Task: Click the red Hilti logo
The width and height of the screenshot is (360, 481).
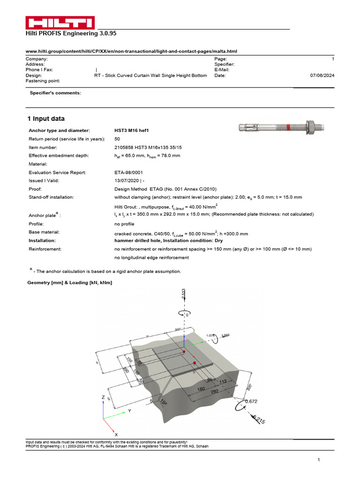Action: click(60, 23)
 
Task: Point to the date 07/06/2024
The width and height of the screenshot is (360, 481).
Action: click(322, 75)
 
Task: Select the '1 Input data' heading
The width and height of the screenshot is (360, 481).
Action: click(46, 119)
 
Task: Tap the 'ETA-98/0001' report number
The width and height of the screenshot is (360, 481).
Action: click(129, 172)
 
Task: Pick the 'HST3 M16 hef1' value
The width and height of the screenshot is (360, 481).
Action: click(134, 130)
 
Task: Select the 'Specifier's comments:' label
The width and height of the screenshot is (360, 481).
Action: click(55, 93)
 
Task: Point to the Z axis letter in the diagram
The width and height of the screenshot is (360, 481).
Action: click(103, 397)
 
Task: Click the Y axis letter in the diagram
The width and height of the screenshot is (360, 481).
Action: click(129, 410)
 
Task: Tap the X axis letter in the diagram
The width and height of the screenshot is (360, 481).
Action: click(116, 435)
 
